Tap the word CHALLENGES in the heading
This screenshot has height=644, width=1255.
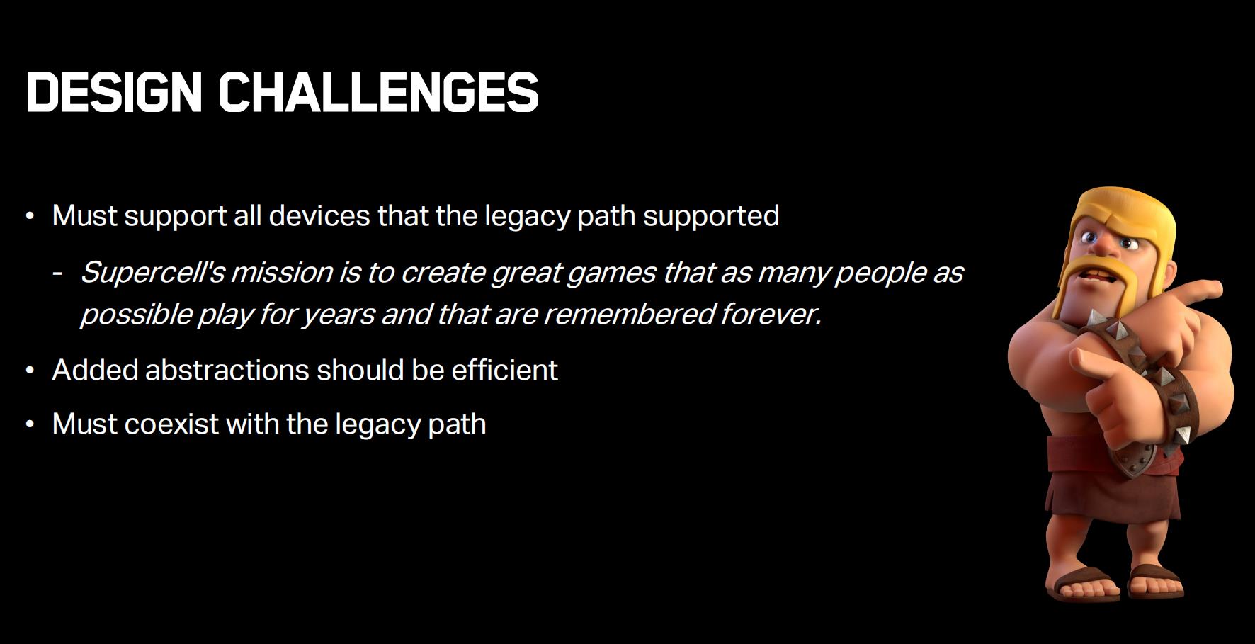[x=379, y=92]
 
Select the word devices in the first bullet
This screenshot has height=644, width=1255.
[x=319, y=215]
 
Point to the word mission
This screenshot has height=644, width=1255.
[x=282, y=272]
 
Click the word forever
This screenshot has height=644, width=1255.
[x=771, y=314]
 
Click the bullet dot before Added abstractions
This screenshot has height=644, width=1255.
[x=30, y=370]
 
